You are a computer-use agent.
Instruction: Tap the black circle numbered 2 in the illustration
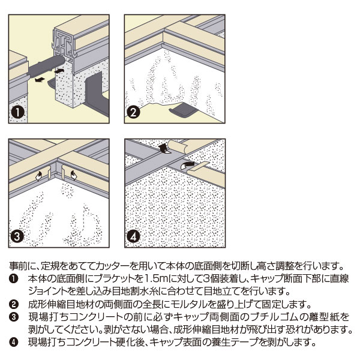point(134,112)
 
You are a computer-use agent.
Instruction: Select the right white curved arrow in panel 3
point(73,175)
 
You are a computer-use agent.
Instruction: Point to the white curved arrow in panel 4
point(188,162)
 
